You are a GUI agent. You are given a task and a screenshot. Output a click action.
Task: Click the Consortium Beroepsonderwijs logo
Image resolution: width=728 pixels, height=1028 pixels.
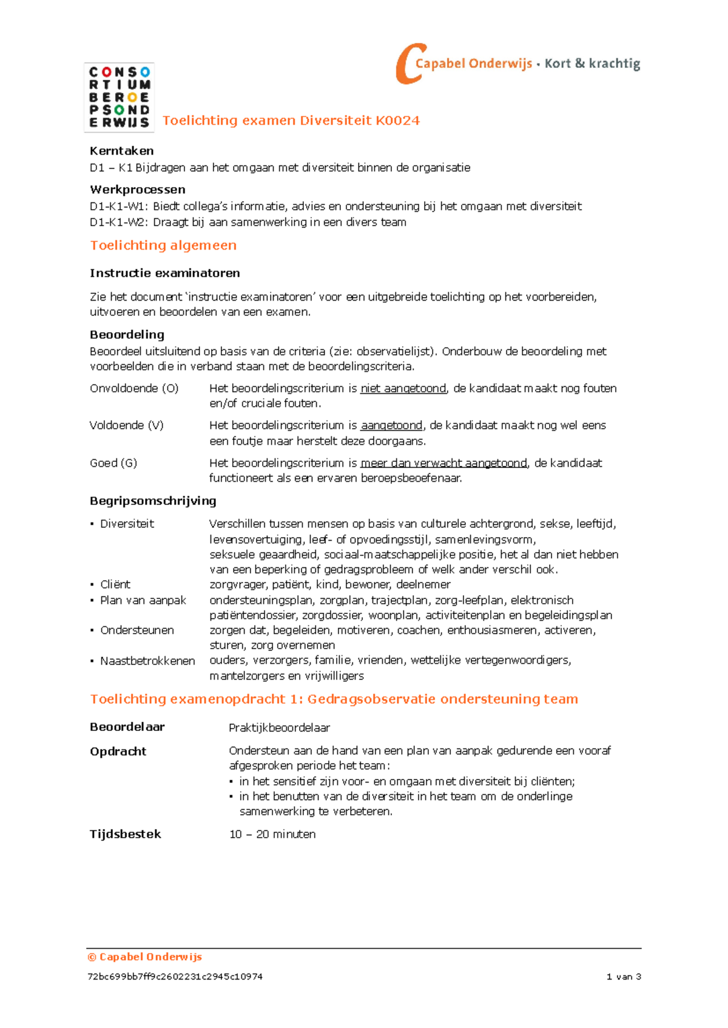point(119,97)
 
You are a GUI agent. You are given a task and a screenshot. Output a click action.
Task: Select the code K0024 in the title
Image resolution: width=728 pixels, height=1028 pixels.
point(397,121)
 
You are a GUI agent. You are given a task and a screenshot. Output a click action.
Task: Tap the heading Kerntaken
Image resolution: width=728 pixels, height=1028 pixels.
point(121,151)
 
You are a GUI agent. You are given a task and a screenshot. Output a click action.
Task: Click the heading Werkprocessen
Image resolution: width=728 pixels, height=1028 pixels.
point(137,190)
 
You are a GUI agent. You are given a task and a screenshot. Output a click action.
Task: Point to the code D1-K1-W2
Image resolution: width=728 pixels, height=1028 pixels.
point(118,222)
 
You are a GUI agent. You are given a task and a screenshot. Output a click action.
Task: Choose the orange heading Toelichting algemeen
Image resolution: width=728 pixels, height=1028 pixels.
point(163,245)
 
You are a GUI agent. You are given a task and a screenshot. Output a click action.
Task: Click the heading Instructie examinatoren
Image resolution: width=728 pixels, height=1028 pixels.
point(164,273)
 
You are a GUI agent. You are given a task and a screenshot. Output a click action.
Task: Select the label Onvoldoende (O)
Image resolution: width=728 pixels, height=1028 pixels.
point(134,389)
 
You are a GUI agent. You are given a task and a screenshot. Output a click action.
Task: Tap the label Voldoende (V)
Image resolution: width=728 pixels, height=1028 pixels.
point(126,426)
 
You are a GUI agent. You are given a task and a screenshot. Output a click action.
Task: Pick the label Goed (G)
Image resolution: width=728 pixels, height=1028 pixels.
point(113,463)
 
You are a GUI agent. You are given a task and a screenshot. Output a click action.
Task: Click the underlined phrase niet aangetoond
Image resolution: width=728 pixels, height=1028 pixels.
point(403,389)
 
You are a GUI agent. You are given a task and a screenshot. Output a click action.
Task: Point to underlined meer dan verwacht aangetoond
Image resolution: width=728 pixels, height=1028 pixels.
point(444,463)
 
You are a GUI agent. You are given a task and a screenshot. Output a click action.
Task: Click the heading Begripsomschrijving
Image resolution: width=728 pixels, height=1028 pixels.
point(153,501)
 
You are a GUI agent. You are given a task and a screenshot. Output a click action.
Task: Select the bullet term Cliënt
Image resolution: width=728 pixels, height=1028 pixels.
point(115,584)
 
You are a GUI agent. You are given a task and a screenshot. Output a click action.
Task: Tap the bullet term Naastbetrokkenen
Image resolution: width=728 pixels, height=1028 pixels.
point(147,661)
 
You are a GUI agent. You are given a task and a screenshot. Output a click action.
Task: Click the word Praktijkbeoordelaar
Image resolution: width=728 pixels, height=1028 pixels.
point(279,727)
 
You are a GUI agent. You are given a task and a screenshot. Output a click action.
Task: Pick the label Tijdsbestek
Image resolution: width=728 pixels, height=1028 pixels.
point(126,834)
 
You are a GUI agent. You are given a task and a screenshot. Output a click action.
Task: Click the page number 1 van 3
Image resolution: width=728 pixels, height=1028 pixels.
point(624,976)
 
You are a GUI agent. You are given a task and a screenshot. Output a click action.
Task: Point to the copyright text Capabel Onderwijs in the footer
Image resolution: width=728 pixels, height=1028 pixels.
point(150,957)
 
